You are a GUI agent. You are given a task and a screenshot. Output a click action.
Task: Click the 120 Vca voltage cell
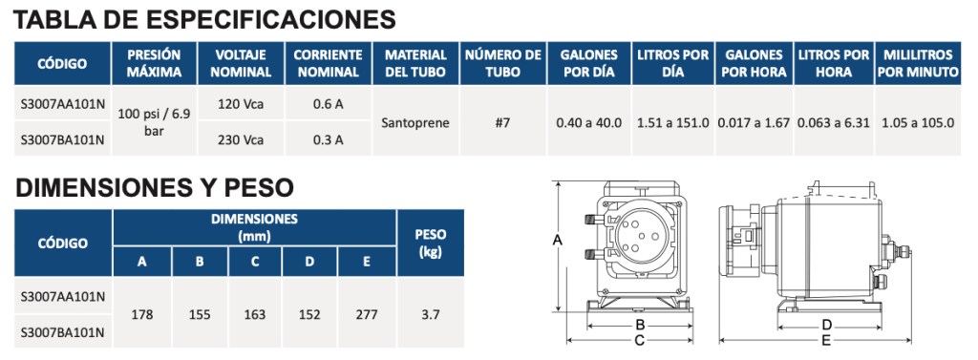(x=241, y=104)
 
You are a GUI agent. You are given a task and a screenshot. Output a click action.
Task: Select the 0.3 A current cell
(x=329, y=139)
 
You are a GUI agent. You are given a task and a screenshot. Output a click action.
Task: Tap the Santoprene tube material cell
(x=415, y=122)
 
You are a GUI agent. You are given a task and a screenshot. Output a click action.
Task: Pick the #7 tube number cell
(x=502, y=122)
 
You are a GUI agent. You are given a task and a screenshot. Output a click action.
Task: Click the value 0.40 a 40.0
(x=589, y=122)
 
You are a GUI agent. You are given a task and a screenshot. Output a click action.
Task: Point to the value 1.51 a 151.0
(x=673, y=122)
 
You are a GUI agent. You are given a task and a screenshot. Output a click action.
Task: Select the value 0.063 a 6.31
(x=833, y=122)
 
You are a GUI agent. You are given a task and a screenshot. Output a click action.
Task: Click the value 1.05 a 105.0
(x=918, y=122)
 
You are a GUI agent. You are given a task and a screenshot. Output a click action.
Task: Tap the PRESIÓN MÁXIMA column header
(x=154, y=63)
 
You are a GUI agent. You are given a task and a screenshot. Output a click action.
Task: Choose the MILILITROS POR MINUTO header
(x=918, y=63)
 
